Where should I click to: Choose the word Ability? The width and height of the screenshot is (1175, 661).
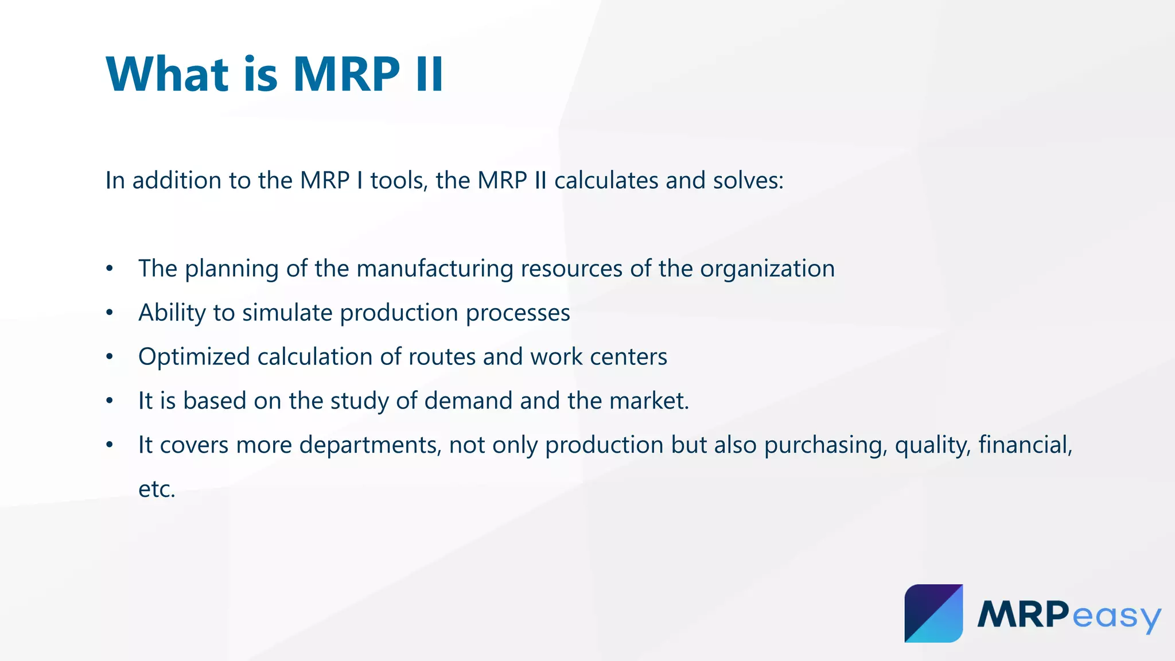point(172,313)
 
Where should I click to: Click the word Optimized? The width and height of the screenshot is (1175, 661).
point(194,357)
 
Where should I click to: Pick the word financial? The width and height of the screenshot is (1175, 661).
point(1025,445)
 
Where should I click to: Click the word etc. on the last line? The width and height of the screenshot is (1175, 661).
point(157,489)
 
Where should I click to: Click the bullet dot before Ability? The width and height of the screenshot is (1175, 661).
point(110,313)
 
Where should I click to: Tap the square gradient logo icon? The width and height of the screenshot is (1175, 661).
point(933,613)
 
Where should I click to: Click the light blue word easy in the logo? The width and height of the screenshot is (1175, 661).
point(1115,616)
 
